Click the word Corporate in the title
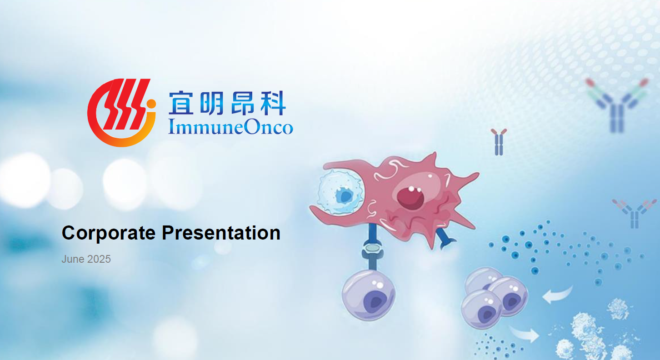(109, 233)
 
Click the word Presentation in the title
(221, 233)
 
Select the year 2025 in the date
(99, 259)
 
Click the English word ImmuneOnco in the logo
(231, 127)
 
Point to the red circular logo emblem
(121, 113)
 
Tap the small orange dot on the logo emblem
(151, 104)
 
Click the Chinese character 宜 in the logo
(181, 103)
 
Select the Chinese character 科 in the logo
(273, 103)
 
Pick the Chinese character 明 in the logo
(211, 103)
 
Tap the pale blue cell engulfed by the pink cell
(341, 193)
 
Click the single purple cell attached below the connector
(369, 295)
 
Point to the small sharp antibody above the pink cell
(499, 142)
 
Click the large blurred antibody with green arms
(617, 105)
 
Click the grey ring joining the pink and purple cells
(373, 248)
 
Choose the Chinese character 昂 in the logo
(242, 103)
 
